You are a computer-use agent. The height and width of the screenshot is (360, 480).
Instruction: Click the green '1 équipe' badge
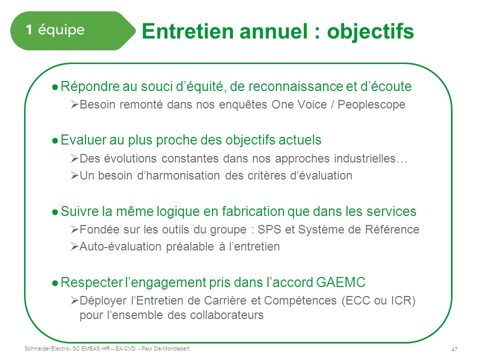pyautogui.click(x=72, y=30)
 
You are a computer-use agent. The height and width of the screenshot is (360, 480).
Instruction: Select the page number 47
pyautogui.click(x=454, y=349)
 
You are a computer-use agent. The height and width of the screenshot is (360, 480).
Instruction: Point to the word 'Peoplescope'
pyautogui.click(x=371, y=105)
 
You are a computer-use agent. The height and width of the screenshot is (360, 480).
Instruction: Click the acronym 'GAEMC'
pyautogui.click(x=340, y=282)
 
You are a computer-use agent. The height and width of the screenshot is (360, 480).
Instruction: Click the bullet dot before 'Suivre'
pyautogui.click(x=55, y=212)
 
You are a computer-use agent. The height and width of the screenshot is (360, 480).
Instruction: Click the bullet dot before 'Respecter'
pyautogui.click(x=55, y=283)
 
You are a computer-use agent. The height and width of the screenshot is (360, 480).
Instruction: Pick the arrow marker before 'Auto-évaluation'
pyautogui.click(x=74, y=246)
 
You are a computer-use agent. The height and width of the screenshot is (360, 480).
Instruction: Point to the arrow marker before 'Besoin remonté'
pyautogui.click(x=74, y=105)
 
